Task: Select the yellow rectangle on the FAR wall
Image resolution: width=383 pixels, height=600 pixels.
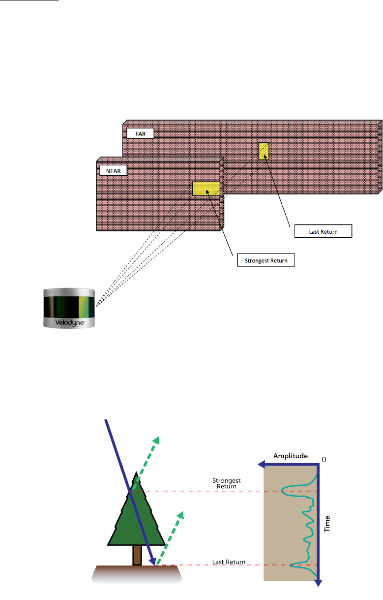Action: pos(264,151)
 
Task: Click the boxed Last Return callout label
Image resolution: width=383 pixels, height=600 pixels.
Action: pos(323,231)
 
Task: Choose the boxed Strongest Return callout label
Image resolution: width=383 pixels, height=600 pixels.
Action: pos(265,260)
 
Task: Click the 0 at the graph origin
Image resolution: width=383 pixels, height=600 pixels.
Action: pos(324,459)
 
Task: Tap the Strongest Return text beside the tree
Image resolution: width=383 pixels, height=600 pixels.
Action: pos(225,483)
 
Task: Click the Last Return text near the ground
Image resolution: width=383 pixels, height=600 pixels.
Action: pos(228,562)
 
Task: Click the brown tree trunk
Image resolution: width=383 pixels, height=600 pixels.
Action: pos(137,555)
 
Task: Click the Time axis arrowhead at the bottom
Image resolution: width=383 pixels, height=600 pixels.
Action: pos(318,583)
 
